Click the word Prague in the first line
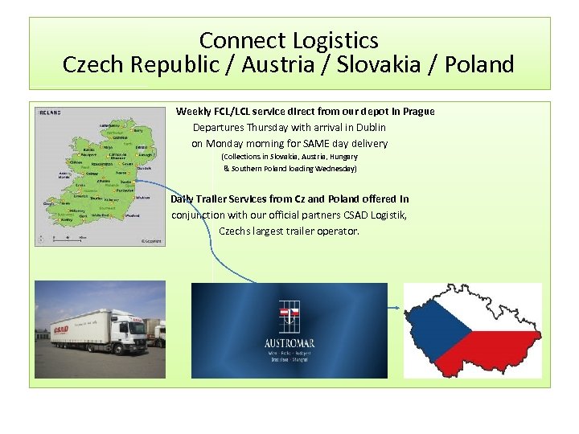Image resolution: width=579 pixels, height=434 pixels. tap(417, 111)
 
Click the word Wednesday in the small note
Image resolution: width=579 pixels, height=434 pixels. tap(339, 169)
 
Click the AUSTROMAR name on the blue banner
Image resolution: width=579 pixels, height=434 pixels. tap(289, 343)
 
